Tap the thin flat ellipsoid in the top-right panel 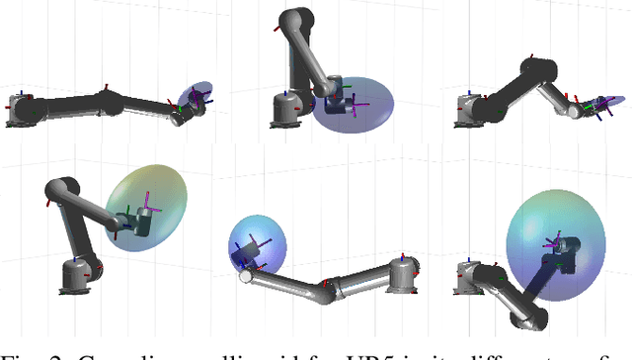point(603,103)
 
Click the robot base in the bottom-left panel point(74,276)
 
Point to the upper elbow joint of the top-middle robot point(291,22)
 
